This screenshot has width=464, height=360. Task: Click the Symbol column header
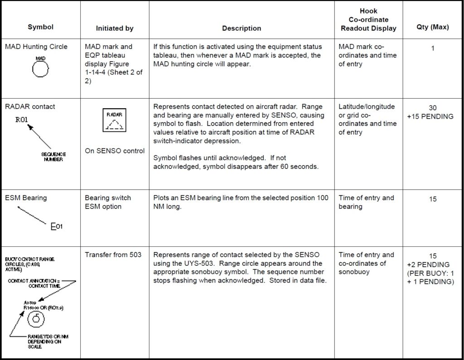40,27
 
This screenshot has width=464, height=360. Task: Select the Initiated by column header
115,28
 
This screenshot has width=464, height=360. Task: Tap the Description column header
242,28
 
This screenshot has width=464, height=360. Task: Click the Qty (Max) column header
432,27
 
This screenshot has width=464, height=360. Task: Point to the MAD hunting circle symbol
41,69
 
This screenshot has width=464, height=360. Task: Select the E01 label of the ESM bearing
57,226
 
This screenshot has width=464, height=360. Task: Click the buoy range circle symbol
35,319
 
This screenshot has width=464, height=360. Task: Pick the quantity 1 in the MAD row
432,48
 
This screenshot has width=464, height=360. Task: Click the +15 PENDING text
432,116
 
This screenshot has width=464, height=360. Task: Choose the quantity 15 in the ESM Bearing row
432,199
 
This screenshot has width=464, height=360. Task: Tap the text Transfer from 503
113,254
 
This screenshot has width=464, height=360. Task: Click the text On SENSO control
115,151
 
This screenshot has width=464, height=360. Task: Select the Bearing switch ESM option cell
108,202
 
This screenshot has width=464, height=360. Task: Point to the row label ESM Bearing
26,198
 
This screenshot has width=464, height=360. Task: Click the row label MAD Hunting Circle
36,47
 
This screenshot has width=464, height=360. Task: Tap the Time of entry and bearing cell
366,202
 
